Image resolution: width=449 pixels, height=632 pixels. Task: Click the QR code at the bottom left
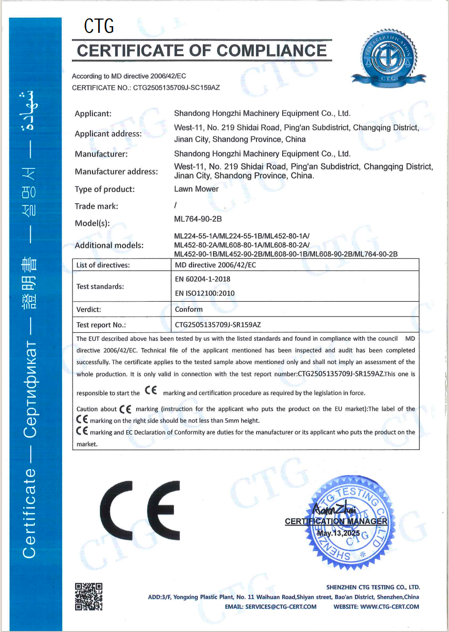point(89,596)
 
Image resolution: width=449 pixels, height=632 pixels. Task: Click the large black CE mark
point(140,511)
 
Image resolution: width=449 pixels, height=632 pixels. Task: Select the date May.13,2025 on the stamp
point(339,533)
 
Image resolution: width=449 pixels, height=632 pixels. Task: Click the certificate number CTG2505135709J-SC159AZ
point(176,88)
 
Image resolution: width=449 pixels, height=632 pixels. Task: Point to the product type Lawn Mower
point(196,189)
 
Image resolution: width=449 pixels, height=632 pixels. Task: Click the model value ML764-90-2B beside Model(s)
point(198,219)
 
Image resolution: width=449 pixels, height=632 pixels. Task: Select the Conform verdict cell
point(189,309)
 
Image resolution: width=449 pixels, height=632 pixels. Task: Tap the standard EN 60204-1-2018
point(203,279)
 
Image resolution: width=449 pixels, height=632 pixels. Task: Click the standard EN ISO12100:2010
point(204,294)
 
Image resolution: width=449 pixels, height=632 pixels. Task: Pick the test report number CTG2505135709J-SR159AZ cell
point(218,325)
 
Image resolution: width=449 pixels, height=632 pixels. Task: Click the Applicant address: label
point(108,134)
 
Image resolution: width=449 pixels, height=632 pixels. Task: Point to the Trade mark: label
point(96,206)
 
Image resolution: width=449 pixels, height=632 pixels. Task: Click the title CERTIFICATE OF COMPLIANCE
point(202,51)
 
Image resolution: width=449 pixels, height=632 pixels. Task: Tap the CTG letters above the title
point(99,26)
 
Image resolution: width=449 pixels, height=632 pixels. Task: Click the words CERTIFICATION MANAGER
point(336,521)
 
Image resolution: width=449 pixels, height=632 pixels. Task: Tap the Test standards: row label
point(100,286)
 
